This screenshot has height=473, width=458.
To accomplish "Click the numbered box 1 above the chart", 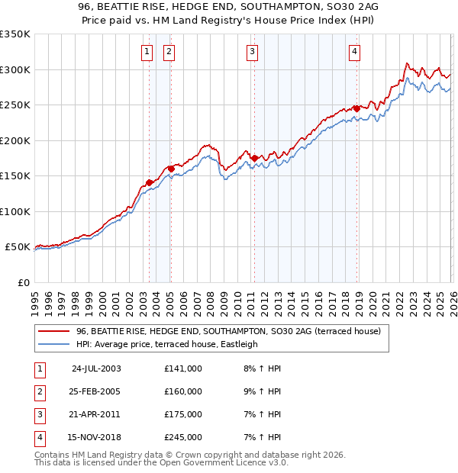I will [146, 52].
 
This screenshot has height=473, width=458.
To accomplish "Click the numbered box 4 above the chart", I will [355, 52].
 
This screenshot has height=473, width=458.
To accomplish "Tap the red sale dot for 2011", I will [254, 158].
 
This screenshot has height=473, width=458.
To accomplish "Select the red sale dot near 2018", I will [356, 108].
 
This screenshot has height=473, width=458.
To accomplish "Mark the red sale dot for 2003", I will [150, 182].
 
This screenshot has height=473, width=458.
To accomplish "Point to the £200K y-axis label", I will [15, 140].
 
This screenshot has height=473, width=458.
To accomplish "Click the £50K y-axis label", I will [18, 247].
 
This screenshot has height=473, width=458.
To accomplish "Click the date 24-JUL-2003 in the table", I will [96, 368].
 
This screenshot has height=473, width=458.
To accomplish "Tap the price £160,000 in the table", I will [183, 391].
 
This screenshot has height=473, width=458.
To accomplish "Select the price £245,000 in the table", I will [183, 437].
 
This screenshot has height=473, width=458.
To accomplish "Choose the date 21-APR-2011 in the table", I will [96, 414].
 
